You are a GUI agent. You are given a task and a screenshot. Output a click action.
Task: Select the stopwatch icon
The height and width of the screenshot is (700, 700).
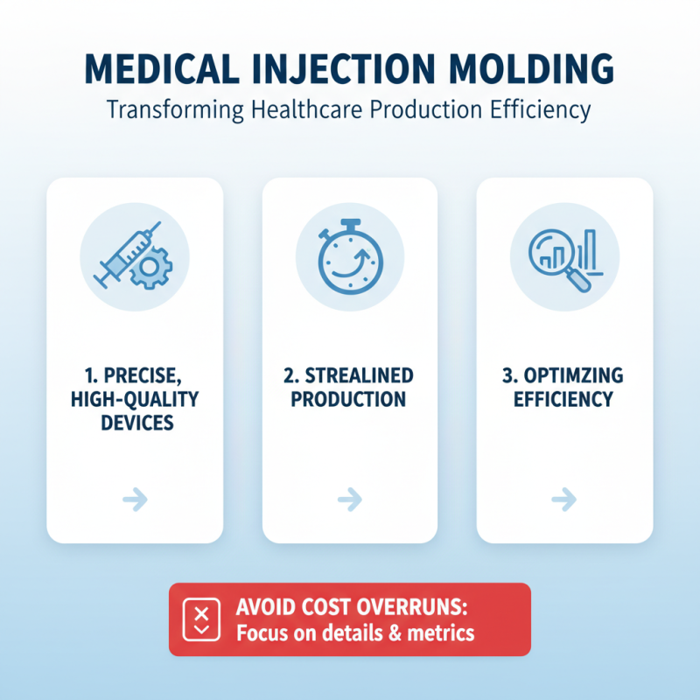[349, 259]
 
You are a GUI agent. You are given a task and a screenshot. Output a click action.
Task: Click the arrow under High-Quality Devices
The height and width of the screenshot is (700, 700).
[135, 500]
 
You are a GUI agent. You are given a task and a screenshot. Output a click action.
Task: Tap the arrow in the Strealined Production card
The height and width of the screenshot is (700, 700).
[349, 500]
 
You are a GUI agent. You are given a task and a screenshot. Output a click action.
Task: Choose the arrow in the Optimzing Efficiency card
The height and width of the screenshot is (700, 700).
[564, 500]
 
